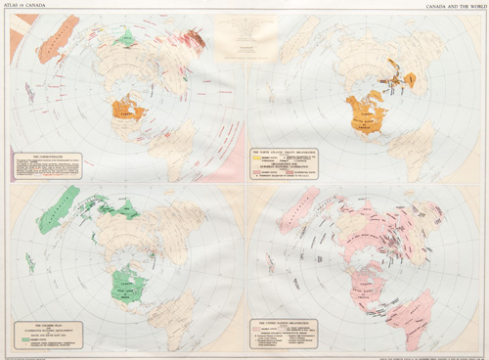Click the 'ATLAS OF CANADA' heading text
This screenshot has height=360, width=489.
click(x=25, y=6)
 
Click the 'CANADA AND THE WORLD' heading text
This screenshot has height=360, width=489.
click(x=451, y=6)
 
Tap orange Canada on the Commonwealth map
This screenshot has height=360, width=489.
click(x=127, y=111)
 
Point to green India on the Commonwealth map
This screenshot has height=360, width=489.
click(x=124, y=38)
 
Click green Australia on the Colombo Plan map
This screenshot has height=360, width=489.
click(x=59, y=208)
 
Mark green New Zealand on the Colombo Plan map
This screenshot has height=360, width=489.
click(x=28, y=262)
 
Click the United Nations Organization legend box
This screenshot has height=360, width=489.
click(x=284, y=334)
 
